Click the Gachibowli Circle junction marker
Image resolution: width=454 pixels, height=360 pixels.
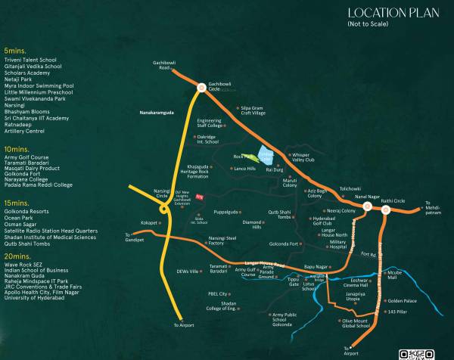coord(201,88)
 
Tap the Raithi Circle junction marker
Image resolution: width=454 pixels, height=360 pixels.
coord(385,211)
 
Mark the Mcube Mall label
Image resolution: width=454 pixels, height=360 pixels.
coord(393,275)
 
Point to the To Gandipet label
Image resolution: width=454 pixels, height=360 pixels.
coord(133,237)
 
